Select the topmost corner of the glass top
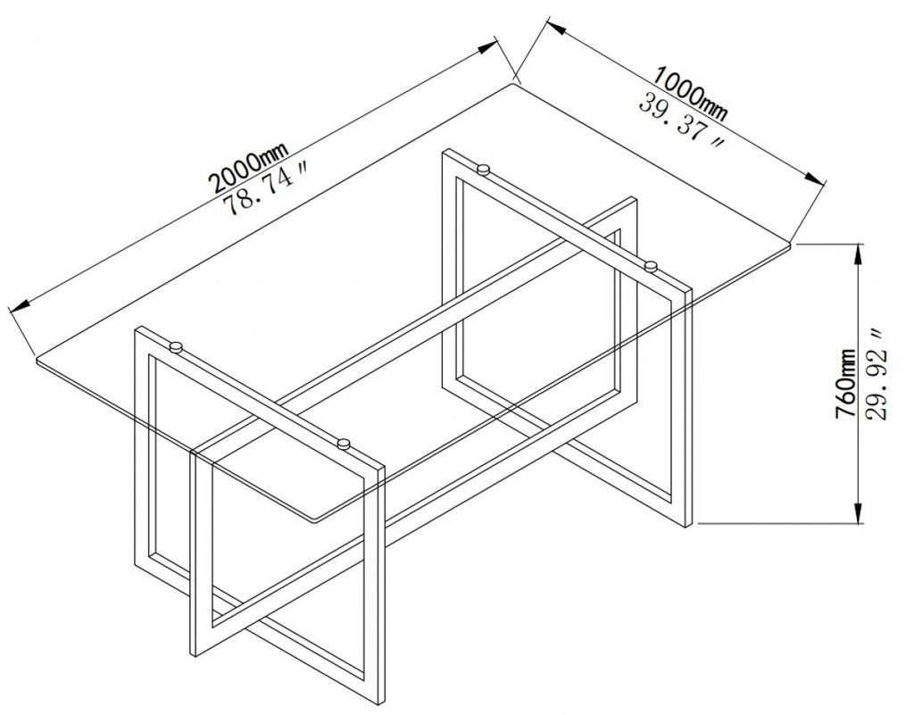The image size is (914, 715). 515,83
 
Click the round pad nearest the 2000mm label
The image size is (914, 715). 483,168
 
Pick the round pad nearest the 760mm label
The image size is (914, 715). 651,265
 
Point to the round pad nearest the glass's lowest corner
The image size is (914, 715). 342,442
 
